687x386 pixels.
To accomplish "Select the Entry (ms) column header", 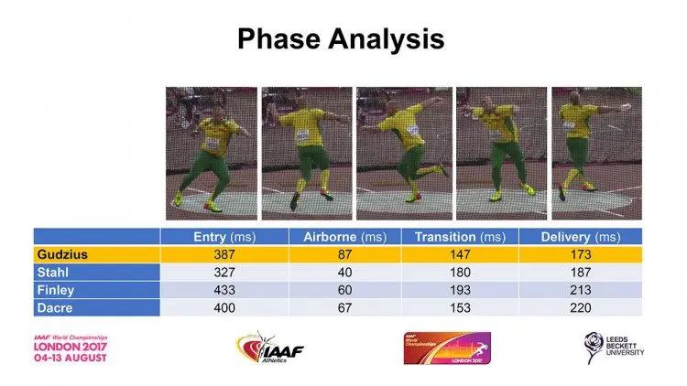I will click(x=219, y=237).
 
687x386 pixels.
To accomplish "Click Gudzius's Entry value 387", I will click(x=219, y=254).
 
